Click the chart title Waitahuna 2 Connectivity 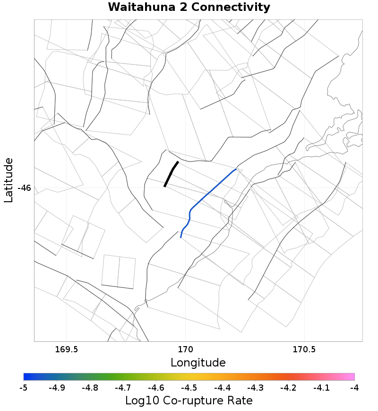[x=189, y=8]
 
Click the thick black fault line [x=171, y=174]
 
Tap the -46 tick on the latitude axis [x=24, y=188]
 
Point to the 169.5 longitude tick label [x=66, y=350]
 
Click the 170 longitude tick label [x=185, y=350]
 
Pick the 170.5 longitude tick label [x=304, y=350]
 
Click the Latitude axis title [x=9, y=181]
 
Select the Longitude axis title [x=198, y=363]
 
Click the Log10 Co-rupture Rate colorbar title [x=189, y=401]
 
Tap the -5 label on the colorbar [x=23, y=388]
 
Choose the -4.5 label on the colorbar [x=189, y=388]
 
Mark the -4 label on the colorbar [x=354, y=388]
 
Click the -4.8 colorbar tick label [x=89, y=388]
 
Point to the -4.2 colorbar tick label [x=288, y=388]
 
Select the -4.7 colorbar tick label [x=122, y=388]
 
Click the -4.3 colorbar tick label [x=255, y=388]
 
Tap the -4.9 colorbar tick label [x=56, y=388]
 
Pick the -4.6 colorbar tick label [x=155, y=388]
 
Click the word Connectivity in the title [x=232, y=8]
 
